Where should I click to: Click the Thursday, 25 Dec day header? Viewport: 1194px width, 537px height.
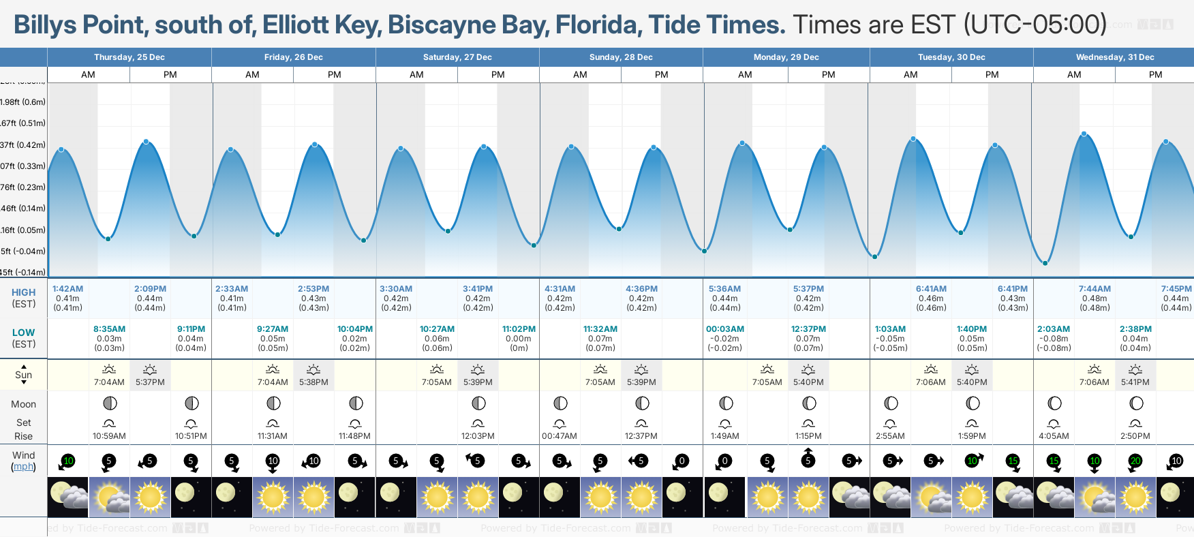click(x=129, y=57)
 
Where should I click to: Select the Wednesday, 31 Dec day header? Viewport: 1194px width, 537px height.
click(x=1114, y=57)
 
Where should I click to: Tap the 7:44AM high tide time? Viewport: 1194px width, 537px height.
click(x=1094, y=289)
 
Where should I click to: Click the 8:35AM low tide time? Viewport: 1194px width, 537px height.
click(x=109, y=329)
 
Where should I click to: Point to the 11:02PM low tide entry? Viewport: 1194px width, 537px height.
click(x=519, y=329)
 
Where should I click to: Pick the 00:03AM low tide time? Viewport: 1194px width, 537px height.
click(x=725, y=329)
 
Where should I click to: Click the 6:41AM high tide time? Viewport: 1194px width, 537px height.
click(x=931, y=289)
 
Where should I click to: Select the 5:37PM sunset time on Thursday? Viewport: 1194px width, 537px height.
click(x=150, y=382)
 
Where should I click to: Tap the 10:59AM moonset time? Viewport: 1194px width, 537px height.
click(x=109, y=436)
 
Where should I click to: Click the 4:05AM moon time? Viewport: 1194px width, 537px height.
click(x=1054, y=436)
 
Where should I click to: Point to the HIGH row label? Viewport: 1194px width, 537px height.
click(x=23, y=292)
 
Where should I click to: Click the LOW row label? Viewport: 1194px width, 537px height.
click(x=23, y=333)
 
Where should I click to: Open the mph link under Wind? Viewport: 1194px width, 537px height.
click(x=24, y=467)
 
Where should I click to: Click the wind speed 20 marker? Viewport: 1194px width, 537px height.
click(x=1135, y=461)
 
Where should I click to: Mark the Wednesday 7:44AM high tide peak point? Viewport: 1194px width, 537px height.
click(x=1084, y=134)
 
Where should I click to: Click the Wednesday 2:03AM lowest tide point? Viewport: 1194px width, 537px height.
click(x=1045, y=262)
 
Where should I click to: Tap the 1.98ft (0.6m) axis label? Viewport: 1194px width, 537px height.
click(x=23, y=102)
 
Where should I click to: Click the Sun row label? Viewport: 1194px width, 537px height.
click(x=23, y=375)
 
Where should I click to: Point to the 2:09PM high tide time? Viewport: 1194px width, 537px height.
click(x=150, y=289)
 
